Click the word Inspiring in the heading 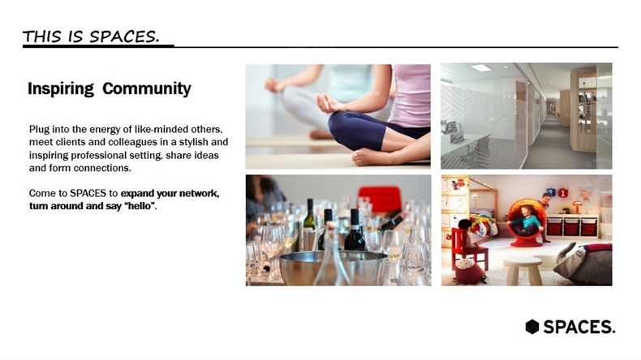[61, 88]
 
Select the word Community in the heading [147, 88]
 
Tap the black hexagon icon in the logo [531, 327]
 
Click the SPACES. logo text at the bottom [579, 327]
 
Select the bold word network [199, 193]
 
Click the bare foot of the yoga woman [370, 157]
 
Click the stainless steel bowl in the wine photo [331, 267]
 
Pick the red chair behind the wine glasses [380, 199]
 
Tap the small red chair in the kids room [468, 249]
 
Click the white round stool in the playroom [523, 270]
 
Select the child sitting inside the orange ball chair [525, 223]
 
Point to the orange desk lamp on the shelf [577, 207]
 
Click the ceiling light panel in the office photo [480, 68]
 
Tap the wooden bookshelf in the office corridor [584, 110]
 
